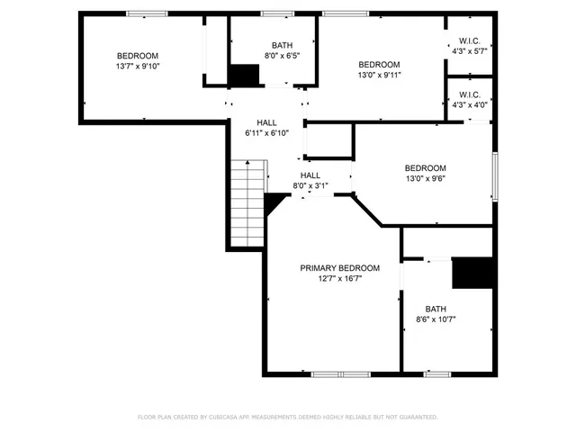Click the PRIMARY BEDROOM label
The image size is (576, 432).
pyautogui.click(x=339, y=268)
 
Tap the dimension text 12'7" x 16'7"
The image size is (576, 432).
pyautogui.click(x=339, y=279)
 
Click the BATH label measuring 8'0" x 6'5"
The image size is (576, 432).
pyautogui.click(x=282, y=45)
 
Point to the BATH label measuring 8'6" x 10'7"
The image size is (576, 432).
pyautogui.click(x=436, y=308)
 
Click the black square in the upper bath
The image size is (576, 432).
pyautogui.click(x=243, y=76)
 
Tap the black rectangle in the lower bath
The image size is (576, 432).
pyautogui.click(x=473, y=274)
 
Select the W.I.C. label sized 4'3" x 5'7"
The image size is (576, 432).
pyautogui.click(x=469, y=40)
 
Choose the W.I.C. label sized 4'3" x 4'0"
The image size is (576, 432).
pyautogui.click(x=469, y=94)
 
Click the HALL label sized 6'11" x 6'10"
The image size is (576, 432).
pyautogui.click(x=266, y=122)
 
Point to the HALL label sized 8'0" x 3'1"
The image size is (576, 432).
pyautogui.click(x=310, y=175)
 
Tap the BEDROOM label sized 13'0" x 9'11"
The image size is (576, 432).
pyautogui.click(x=379, y=64)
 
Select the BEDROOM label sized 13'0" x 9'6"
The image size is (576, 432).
pyautogui.click(x=425, y=167)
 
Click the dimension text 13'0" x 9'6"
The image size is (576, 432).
pyautogui.click(x=425, y=178)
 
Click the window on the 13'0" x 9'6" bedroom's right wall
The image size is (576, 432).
pyautogui.click(x=493, y=175)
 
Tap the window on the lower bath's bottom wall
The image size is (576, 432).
pyautogui.click(x=437, y=373)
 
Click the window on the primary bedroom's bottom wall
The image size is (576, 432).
pyautogui.click(x=341, y=373)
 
